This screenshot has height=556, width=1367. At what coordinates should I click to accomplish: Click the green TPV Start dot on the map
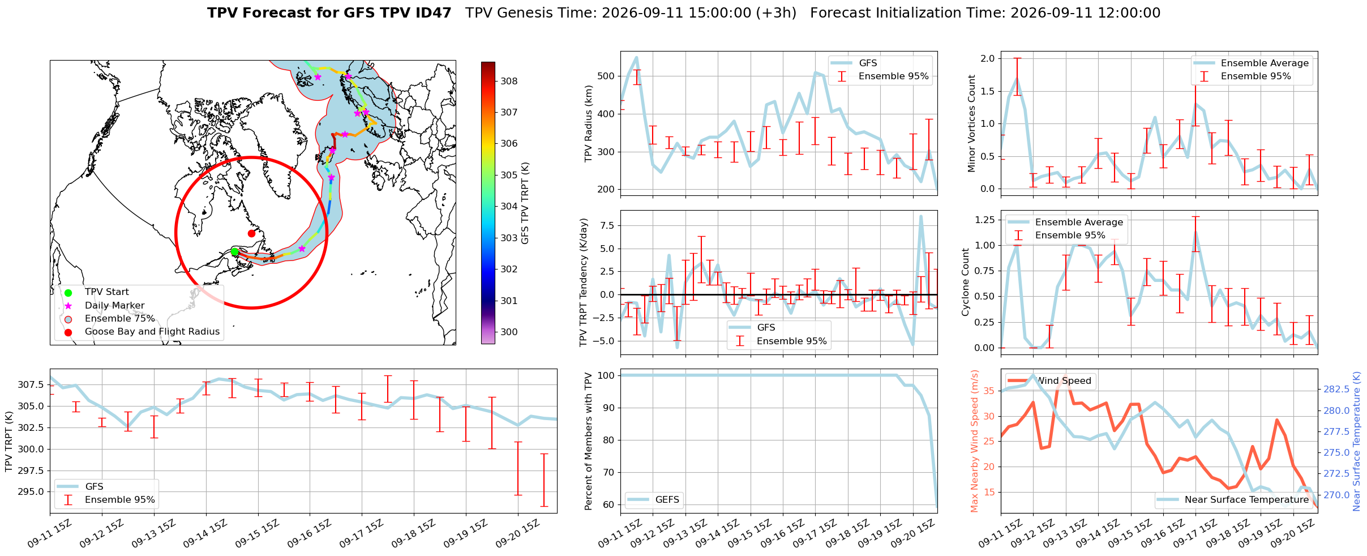pyautogui.click(x=234, y=252)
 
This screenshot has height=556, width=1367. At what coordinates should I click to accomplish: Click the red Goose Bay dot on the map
pyautogui.click(x=251, y=233)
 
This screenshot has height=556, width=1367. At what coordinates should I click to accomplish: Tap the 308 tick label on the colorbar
pyautogui.click(x=509, y=81)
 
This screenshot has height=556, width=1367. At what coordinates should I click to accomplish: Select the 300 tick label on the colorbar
pyautogui.click(x=509, y=332)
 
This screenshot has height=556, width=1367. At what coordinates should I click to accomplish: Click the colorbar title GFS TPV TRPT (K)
pyautogui.click(x=525, y=203)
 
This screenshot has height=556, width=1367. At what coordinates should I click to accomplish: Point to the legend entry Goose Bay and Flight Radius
pyautogui.click(x=152, y=332)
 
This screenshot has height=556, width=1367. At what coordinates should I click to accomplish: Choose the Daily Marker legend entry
pyautogui.click(x=115, y=305)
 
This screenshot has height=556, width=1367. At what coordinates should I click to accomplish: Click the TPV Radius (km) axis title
pyautogui.click(x=589, y=123)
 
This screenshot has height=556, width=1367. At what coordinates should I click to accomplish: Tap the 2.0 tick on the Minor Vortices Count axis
pyautogui.click(x=988, y=58)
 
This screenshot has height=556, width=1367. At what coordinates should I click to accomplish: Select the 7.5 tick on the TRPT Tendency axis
pyautogui.click(x=607, y=225)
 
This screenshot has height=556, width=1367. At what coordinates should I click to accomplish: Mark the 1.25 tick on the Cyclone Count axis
pyautogui.click(x=984, y=220)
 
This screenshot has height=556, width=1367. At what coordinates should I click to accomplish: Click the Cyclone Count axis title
pyautogui.click(x=965, y=282)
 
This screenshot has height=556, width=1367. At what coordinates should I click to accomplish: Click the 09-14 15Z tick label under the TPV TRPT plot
pyautogui.click(x=204, y=534)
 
